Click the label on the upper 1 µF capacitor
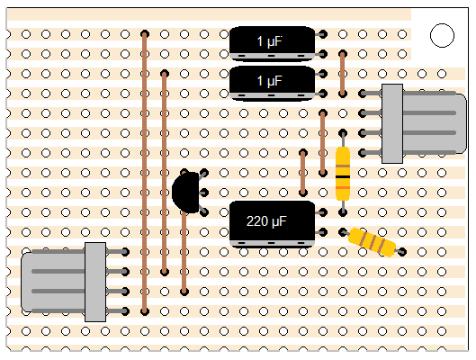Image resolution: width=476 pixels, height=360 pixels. [x=270, y=41]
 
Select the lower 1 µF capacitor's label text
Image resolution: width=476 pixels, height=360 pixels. [x=270, y=81]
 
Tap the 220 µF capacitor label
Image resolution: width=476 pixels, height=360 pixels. [x=266, y=221]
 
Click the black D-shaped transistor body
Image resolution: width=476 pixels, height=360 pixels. [x=185, y=192]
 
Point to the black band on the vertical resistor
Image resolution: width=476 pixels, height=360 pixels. [x=343, y=176]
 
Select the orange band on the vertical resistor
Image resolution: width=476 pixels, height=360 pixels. [x=343, y=187]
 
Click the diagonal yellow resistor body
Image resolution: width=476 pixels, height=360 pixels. [x=373, y=242]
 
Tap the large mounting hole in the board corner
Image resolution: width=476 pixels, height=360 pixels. [x=442, y=35]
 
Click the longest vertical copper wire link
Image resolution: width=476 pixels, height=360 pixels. [x=145, y=173]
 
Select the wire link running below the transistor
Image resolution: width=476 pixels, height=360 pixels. [x=184, y=252]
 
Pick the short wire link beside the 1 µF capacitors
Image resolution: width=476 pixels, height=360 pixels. [x=343, y=74]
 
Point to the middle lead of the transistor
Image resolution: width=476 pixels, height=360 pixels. [x=203, y=193]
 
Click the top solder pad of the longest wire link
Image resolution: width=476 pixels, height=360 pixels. [x=145, y=34]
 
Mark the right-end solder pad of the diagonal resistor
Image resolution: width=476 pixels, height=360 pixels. [x=402, y=252]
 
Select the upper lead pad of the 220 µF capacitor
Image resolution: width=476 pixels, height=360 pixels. [x=323, y=212]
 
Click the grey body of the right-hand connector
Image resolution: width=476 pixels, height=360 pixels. [x=424, y=123]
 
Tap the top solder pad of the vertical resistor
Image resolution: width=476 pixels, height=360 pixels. [x=343, y=133]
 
